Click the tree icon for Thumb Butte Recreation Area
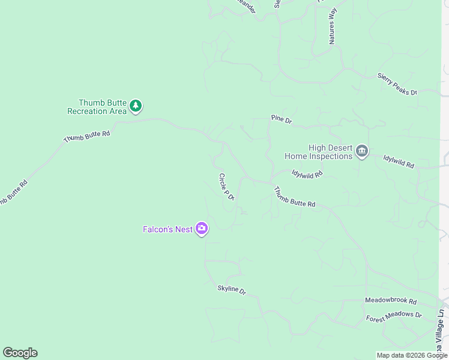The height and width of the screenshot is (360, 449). pyautogui.click(x=136, y=107)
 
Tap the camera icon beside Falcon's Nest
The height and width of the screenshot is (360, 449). pyautogui.click(x=202, y=229)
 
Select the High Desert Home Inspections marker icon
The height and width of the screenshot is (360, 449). pyautogui.click(x=361, y=151)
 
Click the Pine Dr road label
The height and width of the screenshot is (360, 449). pyautogui.click(x=281, y=120)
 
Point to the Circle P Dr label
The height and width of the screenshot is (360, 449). pyautogui.click(x=226, y=187)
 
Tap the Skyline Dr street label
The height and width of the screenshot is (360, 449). pyautogui.click(x=232, y=290)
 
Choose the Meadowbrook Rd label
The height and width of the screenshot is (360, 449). pyautogui.click(x=390, y=300)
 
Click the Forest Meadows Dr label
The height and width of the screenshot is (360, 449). pyautogui.click(x=394, y=316)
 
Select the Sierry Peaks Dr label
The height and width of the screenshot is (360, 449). pyautogui.click(x=396, y=84)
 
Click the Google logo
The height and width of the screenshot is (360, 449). pyautogui.click(x=20, y=353)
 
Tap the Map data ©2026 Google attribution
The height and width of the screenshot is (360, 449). pyautogui.click(x=412, y=355)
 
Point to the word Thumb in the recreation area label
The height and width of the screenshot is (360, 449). pyautogui.click(x=91, y=103)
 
